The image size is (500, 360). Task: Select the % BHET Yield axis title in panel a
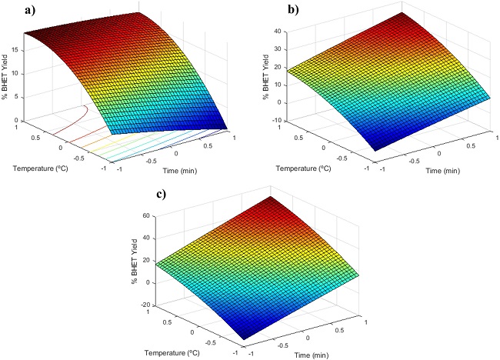click(7, 76)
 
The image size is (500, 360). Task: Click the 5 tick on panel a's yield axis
click(18, 97)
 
